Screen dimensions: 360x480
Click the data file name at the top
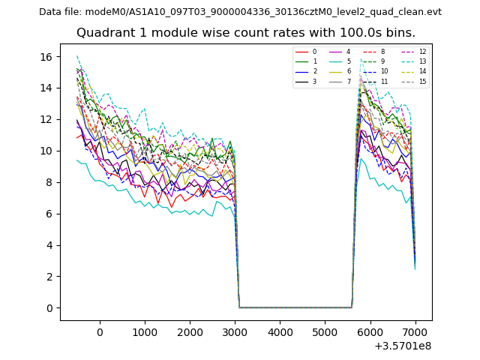click(x=240, y=12)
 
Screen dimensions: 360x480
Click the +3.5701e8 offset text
click(x=403, y=346)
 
